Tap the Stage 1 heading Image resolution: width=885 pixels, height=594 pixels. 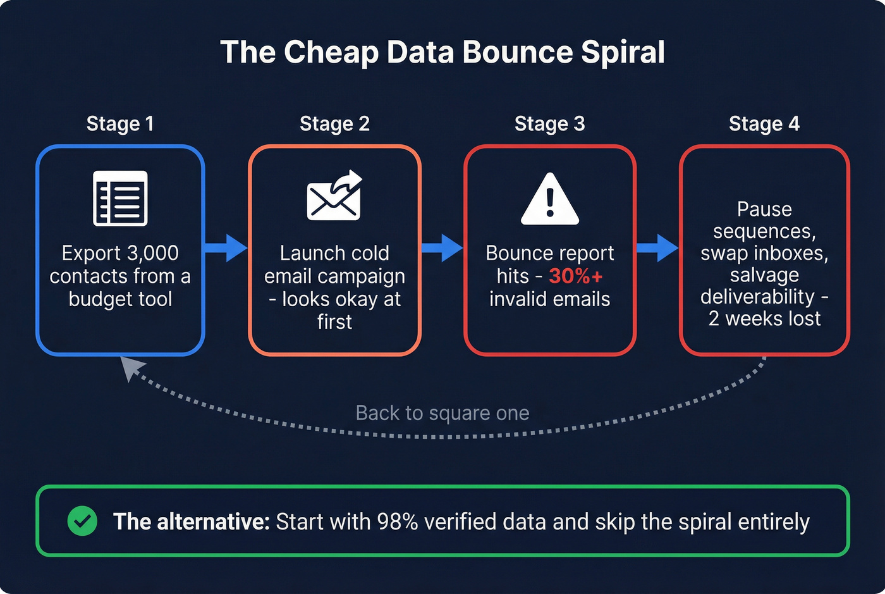[120, 123]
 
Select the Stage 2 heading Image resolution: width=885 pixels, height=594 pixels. [334, 123]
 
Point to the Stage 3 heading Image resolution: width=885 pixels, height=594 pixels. [549, 123]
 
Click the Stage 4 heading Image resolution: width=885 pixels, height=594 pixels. [764, 123]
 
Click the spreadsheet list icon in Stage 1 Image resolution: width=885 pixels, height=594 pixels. [120, 198]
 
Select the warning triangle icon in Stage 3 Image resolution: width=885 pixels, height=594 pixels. [549, 199]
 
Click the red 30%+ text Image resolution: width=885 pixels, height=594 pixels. [575, 276]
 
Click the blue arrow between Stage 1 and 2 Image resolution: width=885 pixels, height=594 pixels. [226, 247]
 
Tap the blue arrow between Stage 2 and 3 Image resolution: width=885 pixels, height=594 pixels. [442, 247]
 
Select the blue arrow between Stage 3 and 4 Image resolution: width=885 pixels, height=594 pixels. [657, 247]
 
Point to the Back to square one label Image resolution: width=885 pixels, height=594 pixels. [442, 413]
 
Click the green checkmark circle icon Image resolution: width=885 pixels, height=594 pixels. [82, 521]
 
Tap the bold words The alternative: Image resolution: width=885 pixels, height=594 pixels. [191, 522]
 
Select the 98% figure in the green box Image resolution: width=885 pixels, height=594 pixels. [397, 522]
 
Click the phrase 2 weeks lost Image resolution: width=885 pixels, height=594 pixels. [764, 319]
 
